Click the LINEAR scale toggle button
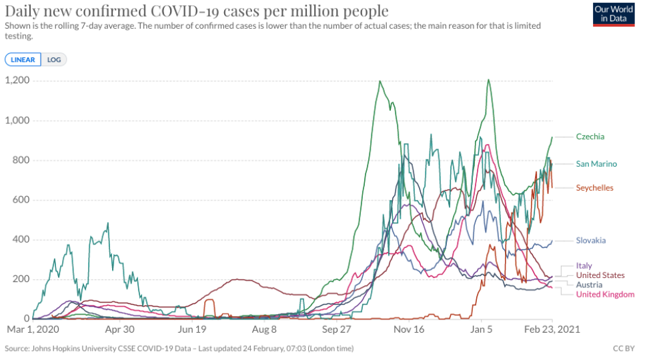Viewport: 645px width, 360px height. click(23, 59)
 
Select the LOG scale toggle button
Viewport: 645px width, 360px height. click(54, 59)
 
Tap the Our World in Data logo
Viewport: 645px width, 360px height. click(613, 14)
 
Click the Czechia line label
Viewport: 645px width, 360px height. click(590, 137)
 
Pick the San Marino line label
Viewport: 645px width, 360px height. click(596, 164)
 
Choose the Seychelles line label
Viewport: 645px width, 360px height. click(594, 188)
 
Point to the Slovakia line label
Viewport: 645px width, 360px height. click(591, 241)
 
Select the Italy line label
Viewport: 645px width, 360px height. click(584, 266)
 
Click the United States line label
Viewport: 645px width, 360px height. click(600, 275)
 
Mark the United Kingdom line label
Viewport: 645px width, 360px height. click(605, 295)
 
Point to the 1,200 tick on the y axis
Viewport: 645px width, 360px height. click(17, 81)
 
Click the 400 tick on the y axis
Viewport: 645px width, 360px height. click(21, 240)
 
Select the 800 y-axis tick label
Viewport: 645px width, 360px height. click(21, 160)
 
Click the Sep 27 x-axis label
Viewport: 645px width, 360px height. click(337, 329)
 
